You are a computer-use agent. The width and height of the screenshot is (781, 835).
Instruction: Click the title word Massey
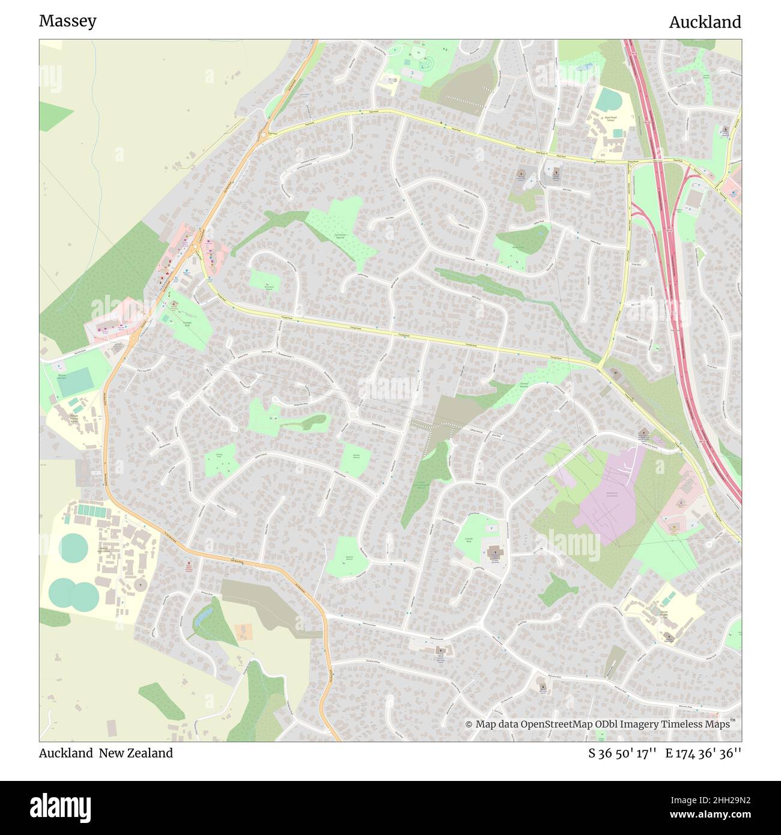point(67,22)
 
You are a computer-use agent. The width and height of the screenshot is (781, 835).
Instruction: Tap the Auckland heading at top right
point(705,22)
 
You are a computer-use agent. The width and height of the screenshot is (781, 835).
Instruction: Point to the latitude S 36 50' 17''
point(623,753)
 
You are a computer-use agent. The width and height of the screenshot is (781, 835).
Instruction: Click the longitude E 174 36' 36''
point(703,753)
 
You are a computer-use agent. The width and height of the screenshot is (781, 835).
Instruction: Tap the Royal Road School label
point(610,118)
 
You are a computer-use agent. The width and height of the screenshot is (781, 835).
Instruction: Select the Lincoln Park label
point(469,539)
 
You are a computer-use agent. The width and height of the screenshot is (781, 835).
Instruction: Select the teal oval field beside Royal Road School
point(610,99)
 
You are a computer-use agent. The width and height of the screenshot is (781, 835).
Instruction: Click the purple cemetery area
point(607,493)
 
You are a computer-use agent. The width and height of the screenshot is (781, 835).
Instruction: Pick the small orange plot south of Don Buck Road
point(243,631)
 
